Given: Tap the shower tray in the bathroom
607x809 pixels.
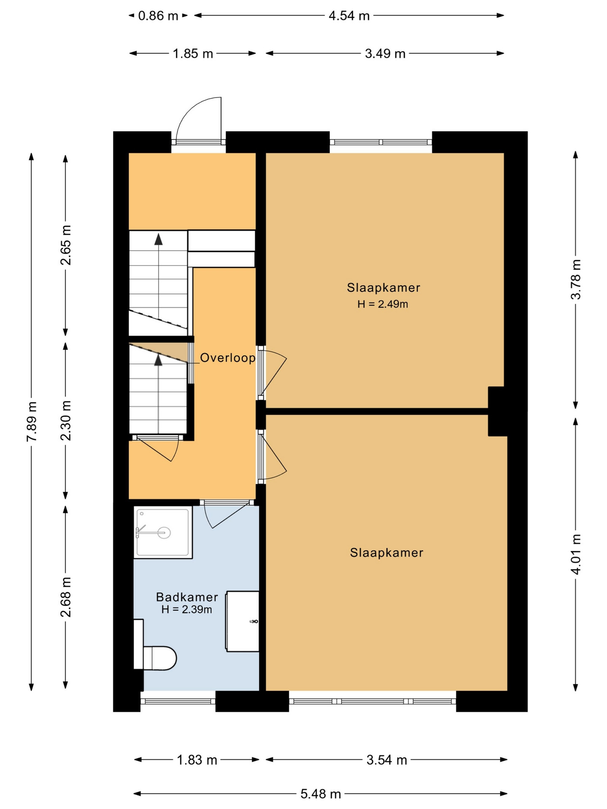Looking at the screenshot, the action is point(163,533).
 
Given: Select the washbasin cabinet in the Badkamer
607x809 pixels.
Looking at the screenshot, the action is point(242,621).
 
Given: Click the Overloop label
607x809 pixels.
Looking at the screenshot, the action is point(228,358).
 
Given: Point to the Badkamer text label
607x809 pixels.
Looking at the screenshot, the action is point(187,597).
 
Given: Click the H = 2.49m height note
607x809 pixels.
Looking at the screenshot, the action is point(383,304).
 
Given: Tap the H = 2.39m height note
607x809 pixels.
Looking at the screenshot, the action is point(187,609).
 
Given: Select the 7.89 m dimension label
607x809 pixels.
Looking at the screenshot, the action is point(32,422).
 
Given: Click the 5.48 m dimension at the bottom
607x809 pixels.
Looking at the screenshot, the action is point(320,794).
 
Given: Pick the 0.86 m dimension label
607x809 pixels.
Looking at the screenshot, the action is point(158,16).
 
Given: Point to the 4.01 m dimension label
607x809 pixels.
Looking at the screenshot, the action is point(576,554).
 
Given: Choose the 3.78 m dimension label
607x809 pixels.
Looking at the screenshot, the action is point(576,279).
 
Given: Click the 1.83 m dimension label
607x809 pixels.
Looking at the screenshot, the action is point(197,760).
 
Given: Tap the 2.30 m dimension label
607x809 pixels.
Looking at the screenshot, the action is point(66,421).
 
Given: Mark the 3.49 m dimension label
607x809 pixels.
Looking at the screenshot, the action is point(385,54).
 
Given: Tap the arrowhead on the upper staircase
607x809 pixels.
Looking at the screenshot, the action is point(158,239).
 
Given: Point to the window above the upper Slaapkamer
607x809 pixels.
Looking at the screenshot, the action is point(381,142).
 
